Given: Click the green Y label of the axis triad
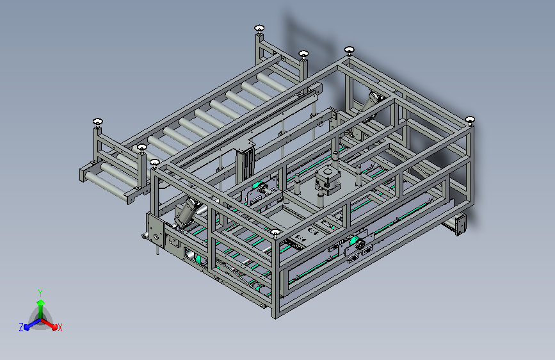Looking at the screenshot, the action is tap(40, 293).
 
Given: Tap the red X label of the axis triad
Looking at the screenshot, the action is tap(60, 328).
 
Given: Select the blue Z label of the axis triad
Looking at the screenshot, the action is tap(21, 327).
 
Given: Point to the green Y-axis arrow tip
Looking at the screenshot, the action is tap(41, 302).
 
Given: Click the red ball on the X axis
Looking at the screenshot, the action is tap(54, 327).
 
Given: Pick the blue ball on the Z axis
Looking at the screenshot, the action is tap(27, 328).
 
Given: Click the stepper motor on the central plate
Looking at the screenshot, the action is tap(327, 181).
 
